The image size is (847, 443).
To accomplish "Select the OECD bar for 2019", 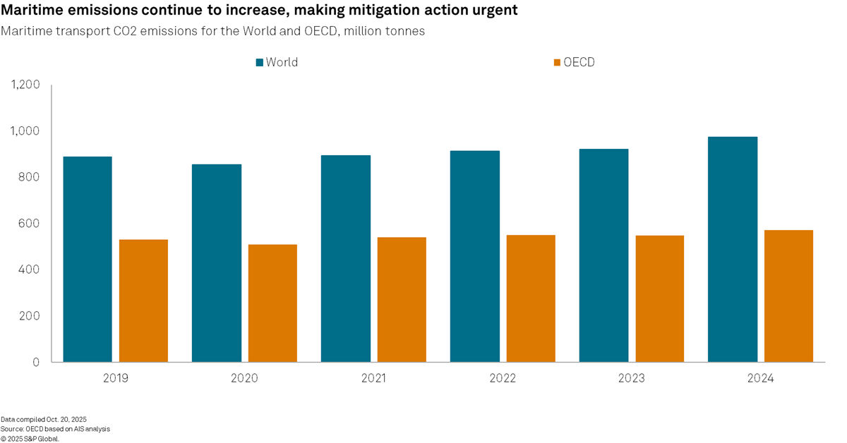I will pos(143,301).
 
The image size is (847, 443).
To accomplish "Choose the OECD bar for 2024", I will pos(789,296).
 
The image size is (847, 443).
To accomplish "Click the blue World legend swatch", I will pos(259,63).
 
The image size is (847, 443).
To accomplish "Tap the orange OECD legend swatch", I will pos(557,63).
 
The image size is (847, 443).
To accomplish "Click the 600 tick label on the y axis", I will pos(30,224).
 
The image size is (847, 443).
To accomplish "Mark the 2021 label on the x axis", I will pos(373,379).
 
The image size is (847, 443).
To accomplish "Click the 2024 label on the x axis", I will pos(761,379).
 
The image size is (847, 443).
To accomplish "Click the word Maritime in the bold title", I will pos(30,12).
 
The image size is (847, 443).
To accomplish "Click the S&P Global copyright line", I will pos(30,438).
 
